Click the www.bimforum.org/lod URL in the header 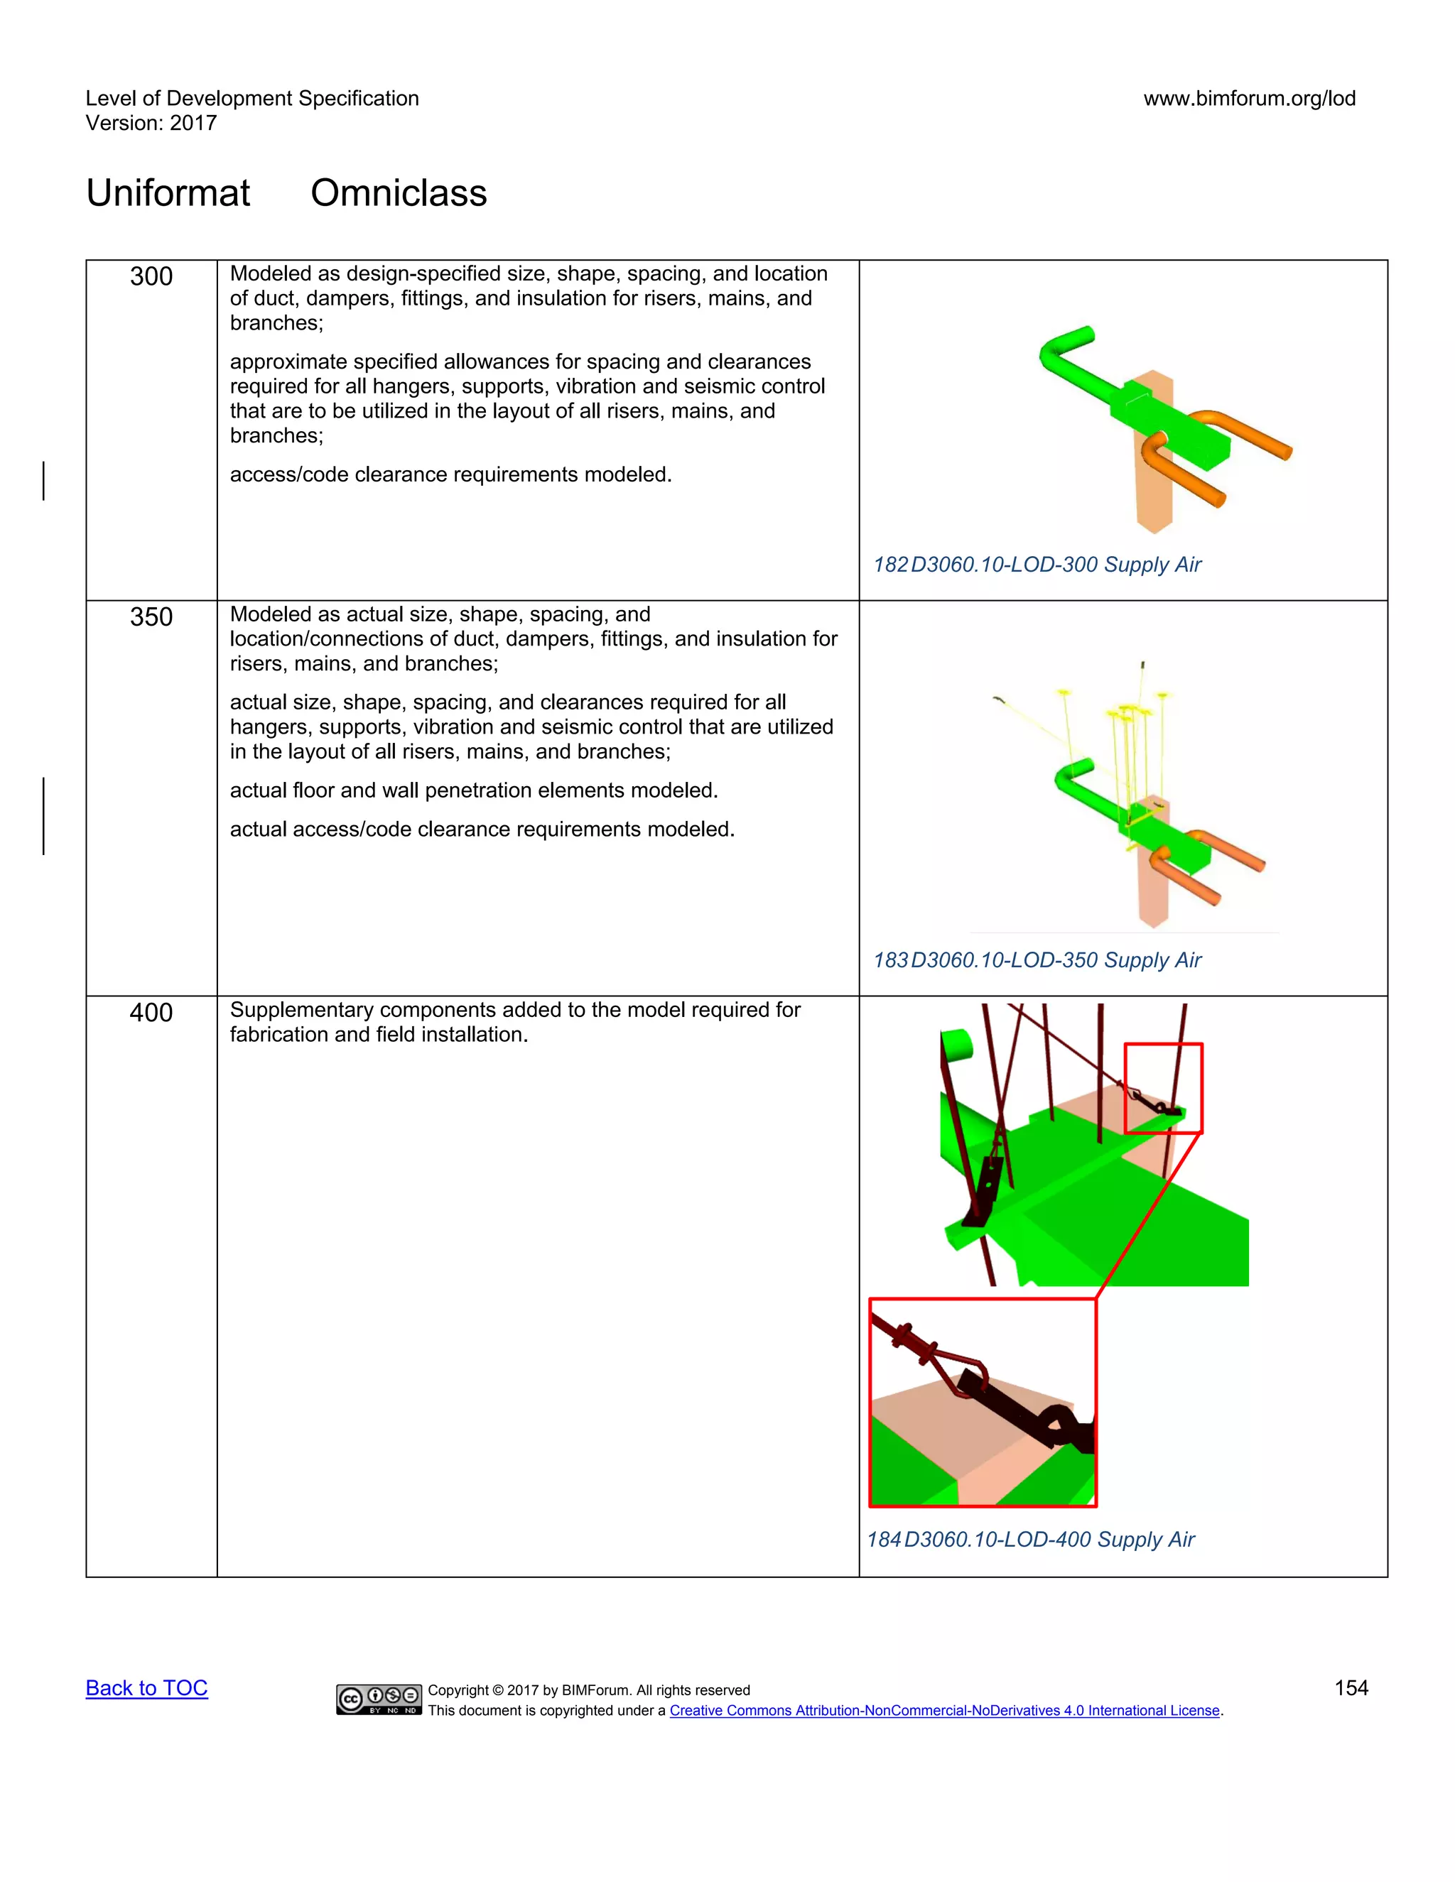coord(1249,98)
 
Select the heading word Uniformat coord(168,193)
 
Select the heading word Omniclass coord(399,193)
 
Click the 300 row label coord(151,276)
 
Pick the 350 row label coord(151,617)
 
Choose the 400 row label coord(151,1013)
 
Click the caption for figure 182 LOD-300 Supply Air coord(1037,565)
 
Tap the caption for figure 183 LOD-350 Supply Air coord(1037,960)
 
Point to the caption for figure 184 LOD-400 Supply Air coord(1031,1539)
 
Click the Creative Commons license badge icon coord(379,1699)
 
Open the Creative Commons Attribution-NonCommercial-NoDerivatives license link coord(945,1711)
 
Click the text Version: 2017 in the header coord(151,124)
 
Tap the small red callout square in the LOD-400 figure coord(1163,1087)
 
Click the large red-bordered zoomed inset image coord(983,1403)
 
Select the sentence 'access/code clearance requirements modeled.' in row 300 coord(450,475)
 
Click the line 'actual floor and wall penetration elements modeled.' coord(473,790)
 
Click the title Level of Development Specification coord(251,98)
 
